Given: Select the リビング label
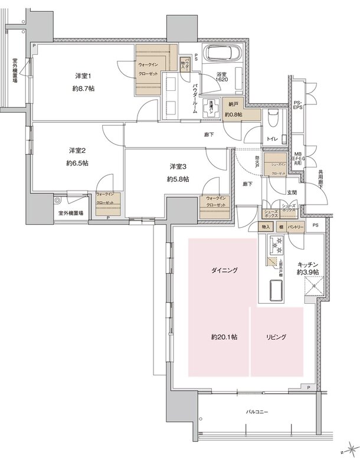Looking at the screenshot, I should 276,337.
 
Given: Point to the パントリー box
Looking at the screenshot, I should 296,227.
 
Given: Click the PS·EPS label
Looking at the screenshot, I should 299,106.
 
